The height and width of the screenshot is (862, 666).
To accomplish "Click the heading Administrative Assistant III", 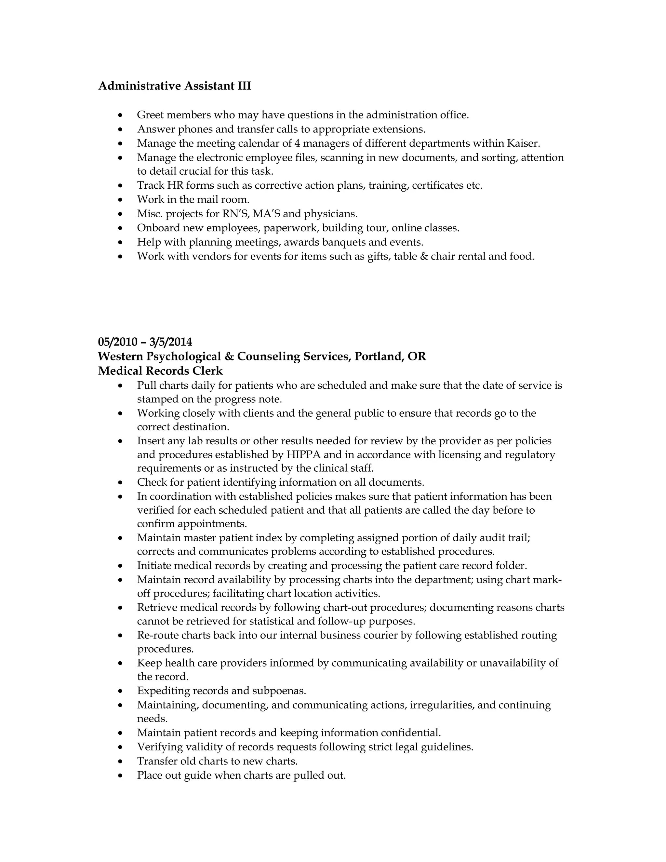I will coord(174,86).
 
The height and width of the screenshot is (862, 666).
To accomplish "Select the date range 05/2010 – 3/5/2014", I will coord(145,342).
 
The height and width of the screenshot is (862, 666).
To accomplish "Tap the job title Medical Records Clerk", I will coord(160,371).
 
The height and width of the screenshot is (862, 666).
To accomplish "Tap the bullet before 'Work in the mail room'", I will coord(121,200).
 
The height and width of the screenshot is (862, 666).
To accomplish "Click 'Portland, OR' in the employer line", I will coord(390,357).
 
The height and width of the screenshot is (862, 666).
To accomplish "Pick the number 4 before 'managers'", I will coord(298,143).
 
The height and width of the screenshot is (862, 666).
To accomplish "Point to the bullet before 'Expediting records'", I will coord(121,692).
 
